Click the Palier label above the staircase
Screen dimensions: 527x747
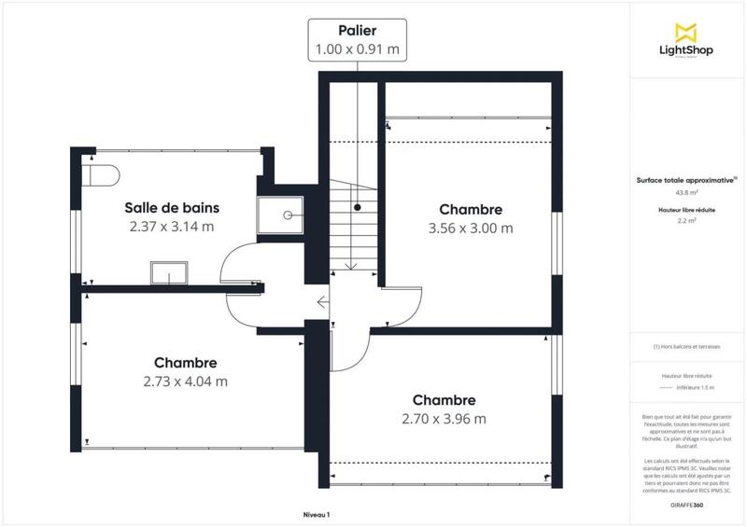[359, 32]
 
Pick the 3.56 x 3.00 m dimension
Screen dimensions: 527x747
[471, 228]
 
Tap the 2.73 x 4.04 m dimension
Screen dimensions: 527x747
[186, 381]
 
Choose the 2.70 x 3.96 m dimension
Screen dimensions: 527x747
[444, 418]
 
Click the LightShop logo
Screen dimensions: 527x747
[686, 42]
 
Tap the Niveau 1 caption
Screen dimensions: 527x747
[317, 514]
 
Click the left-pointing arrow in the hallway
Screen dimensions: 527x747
[322, 301]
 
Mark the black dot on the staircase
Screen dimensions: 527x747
[357, 207]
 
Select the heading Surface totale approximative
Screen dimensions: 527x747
[685, 182]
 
